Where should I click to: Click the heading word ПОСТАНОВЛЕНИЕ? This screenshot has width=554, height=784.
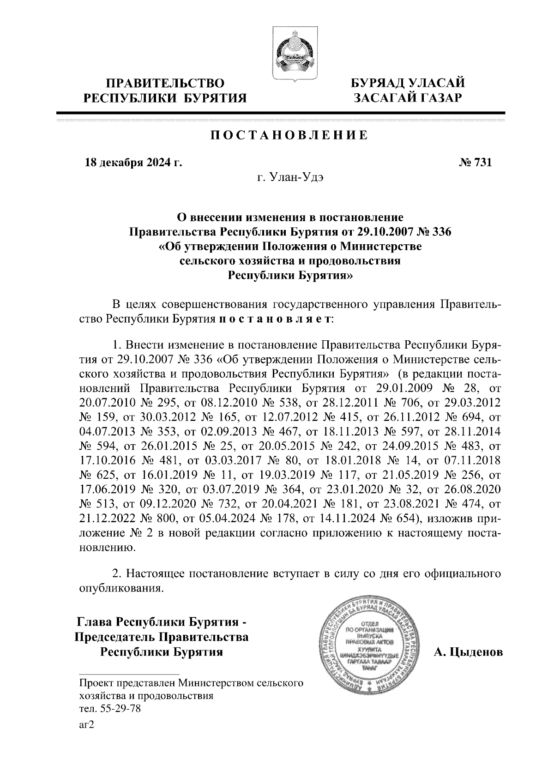coord(289,135)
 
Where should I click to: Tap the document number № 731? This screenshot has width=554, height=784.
coord(476,163)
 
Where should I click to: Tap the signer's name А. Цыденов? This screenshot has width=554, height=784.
coord(468,652)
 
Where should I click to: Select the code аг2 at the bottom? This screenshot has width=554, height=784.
coord(87,724)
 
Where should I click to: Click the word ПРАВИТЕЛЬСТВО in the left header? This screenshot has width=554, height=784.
coord(165,83)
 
